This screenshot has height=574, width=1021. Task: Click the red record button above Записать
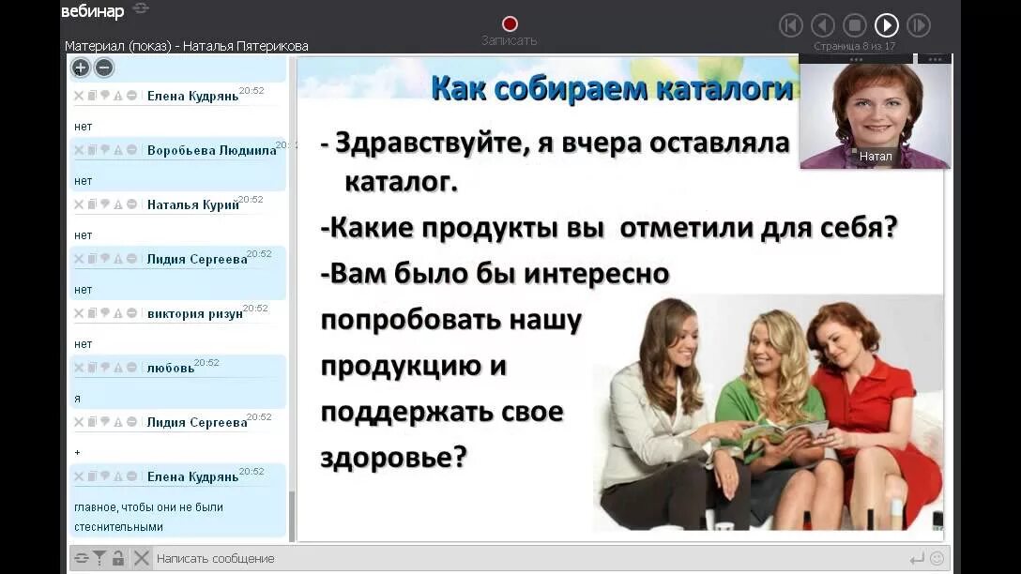click(x=510, y=23)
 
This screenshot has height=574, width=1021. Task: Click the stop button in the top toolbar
click(x=854, y=25)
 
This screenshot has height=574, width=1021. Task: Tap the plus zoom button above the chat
click(x=81, y=68)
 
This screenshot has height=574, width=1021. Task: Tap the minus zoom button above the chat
click(x=104, y=68)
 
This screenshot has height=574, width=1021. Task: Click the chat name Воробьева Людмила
click(x=211, y=150)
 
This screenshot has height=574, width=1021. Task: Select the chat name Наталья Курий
click(x=192, y=204)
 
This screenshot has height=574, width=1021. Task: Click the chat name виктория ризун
click(x=194, y=313)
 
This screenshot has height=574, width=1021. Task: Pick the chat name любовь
click(x=170, y=368)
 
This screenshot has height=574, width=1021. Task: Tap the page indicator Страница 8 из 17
click(x=854, y=46)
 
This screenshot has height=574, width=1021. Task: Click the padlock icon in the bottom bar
click(x=118, y=558)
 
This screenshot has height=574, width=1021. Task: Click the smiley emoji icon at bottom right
click(x=937, y=558)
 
